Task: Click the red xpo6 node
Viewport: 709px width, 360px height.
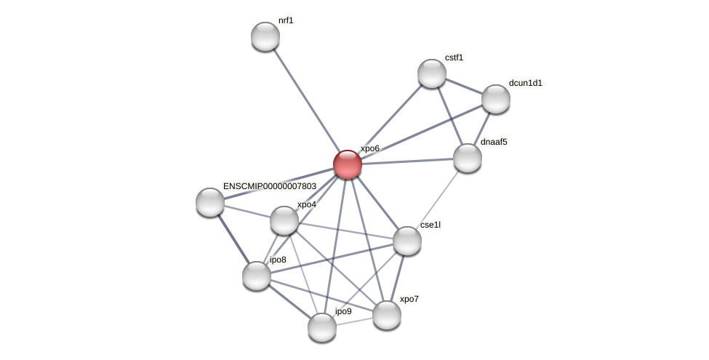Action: pos(348,164)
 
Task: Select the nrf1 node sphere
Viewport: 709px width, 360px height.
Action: pos(265,36)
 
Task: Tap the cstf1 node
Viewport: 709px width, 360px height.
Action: pos(432,73)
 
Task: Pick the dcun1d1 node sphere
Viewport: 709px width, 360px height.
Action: pos(496,99)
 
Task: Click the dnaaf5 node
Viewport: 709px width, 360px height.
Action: pos(468,158)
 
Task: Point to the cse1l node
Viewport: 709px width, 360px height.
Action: pos(407,241)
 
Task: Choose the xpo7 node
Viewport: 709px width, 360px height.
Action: pos(387,315)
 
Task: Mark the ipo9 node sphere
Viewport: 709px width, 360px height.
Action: pos(322,327)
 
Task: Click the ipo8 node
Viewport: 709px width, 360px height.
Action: pos(257,276)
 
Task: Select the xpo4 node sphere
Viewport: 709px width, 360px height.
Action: pos(284,220)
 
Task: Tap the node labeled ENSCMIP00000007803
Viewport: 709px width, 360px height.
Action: pos(210,202)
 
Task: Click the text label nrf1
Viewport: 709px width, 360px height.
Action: pos(286,20)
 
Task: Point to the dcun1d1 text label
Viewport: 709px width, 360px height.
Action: pos(525,83)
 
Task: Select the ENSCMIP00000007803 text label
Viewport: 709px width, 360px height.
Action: pos(269,186)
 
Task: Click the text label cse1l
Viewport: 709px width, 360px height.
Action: pos(430,225)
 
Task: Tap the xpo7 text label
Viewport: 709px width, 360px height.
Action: pos(409,299)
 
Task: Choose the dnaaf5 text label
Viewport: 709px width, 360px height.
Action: pos(494,142)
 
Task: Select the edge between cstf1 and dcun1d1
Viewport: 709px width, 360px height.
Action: pos(464,86)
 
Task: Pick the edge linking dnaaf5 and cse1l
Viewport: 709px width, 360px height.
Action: pos(438,199)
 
